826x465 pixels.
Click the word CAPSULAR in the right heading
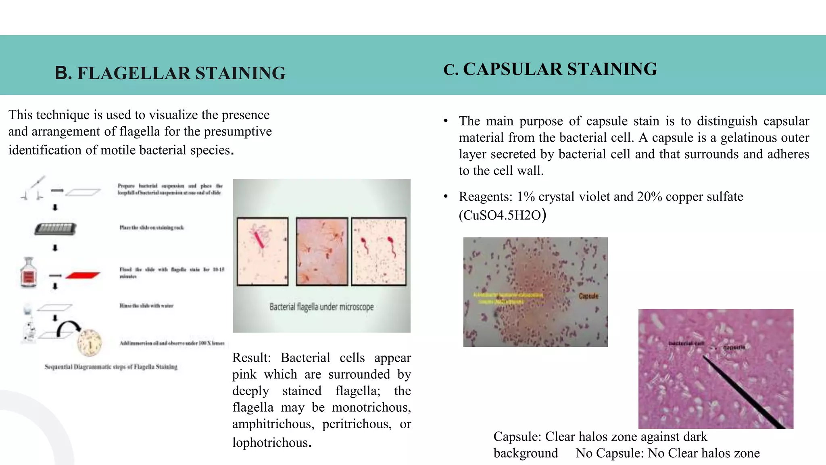(512, 69)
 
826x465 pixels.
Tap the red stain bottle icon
(29, 273)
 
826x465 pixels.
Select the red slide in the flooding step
(83, 275)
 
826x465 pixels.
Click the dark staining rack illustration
(55, 229)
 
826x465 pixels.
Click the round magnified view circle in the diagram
(90, 343)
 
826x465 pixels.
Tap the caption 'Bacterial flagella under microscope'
(321, 307)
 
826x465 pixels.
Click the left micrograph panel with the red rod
(263, 251)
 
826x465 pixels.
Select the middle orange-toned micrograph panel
(322, 251)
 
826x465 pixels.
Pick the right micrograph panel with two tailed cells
(379, 251)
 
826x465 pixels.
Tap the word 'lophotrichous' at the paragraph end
(270, 442)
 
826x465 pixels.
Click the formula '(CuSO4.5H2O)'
(502, 215)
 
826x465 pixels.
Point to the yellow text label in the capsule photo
(508, 298)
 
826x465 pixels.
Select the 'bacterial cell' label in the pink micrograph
(686, 343)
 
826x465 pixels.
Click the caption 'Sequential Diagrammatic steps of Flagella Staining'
(111, 367)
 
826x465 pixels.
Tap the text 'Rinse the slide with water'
(146, 306)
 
